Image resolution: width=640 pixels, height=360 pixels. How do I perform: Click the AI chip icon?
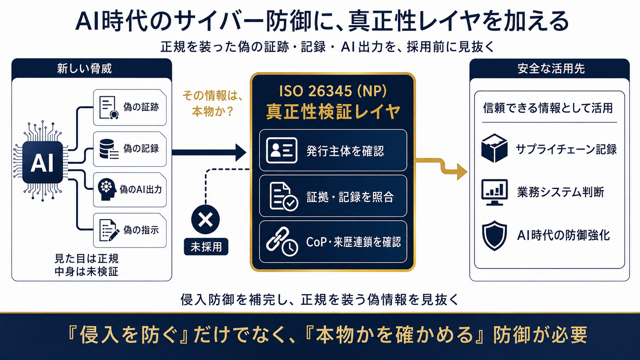pyautogui.click(x=42, y=162)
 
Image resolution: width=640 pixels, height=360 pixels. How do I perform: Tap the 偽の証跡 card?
pyautogui.click(x=130, y=108)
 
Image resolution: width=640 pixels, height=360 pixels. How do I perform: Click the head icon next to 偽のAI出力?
pyautogui.click(x=107, y=189)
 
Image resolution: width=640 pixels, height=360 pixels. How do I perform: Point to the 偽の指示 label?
pyautogui.click(x=141, y=230)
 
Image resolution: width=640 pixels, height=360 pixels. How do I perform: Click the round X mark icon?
pyautogui.click(x=206, y=220)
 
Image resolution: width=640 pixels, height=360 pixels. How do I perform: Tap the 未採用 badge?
pyautogui.click(x=206, y=247)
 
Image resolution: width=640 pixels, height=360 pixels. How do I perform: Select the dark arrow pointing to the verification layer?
pyautogui.click(x=209, y=152)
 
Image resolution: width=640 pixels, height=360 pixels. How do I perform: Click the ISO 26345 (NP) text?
pyautogui.click(x=333, y=91)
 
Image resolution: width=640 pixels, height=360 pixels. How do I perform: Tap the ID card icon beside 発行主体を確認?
pyautogui.click(x=281, y=150)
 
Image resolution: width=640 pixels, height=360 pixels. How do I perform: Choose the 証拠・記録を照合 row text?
pyautogui.click(x=350, y=197)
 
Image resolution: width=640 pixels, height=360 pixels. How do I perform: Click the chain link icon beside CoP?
pyautogui.click(x=282, y=241)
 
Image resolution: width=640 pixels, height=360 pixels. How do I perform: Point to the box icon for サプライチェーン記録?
pyautogui.click(x=494, y=148)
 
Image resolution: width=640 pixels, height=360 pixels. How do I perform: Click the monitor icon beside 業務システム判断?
pyautogui.click(x=495, y=192)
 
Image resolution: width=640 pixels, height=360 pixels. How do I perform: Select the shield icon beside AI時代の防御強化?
pyautogui.click(x=494, y=236)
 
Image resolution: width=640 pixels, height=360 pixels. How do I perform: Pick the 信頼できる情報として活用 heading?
pyautogui.click(x=548, y=108)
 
